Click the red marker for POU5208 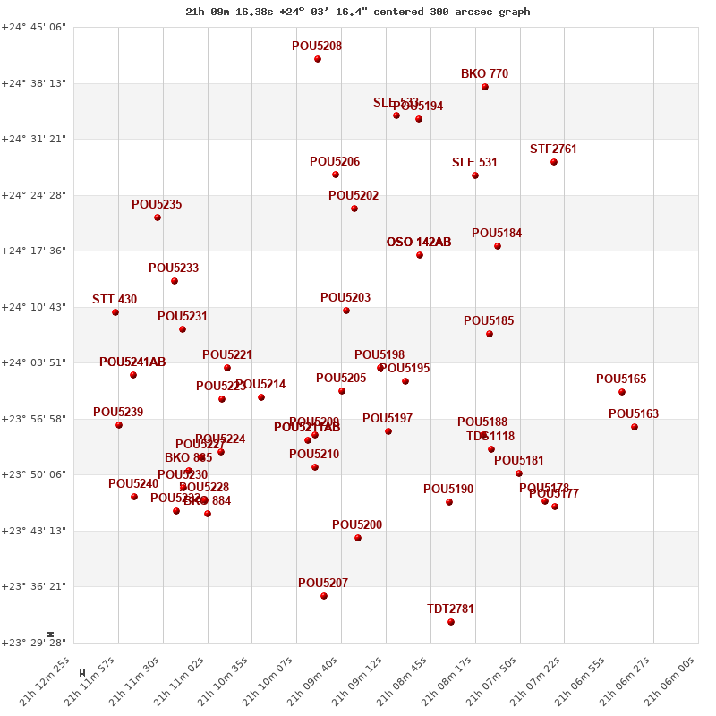coord(318,59)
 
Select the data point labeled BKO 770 coord(485,87)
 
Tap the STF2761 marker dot coord(554,162)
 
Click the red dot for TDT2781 coord(451,622)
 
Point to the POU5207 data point coord(324,596)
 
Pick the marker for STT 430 coord(115,312)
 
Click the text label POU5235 coord(157,205)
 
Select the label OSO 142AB coord(419,243)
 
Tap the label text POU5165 coord(621,379)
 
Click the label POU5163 coord(634,414)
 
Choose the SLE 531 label coord(474,163)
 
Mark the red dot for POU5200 coord(358,538)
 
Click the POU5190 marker coord(449,502)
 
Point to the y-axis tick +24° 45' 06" coord(34,28)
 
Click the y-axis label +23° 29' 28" coord(34,643)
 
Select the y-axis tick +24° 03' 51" coord(34,362)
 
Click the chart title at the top coord(358,12)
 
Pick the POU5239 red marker coord(119,425)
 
